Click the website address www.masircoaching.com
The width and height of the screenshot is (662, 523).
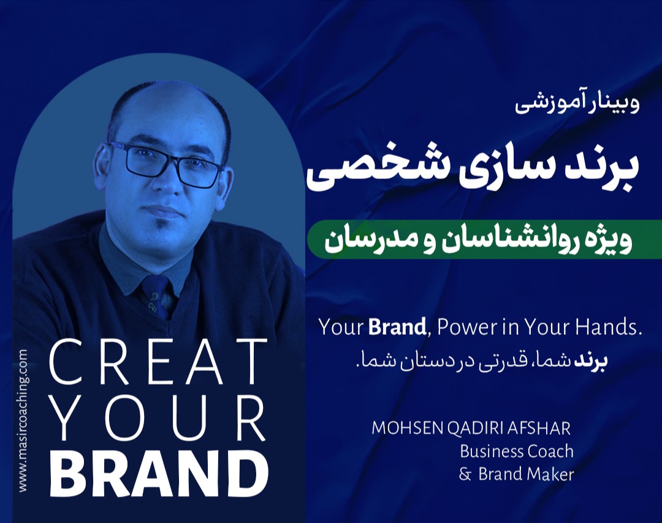pyautogui.click(x=23, y=421)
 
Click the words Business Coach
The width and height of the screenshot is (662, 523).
pyautogui.click(x=516, y=451)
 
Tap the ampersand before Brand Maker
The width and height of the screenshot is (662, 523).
pyautogui.click(x=465, y=475)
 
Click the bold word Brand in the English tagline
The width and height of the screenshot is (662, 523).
pyautogui.click(x=397, y=327)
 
